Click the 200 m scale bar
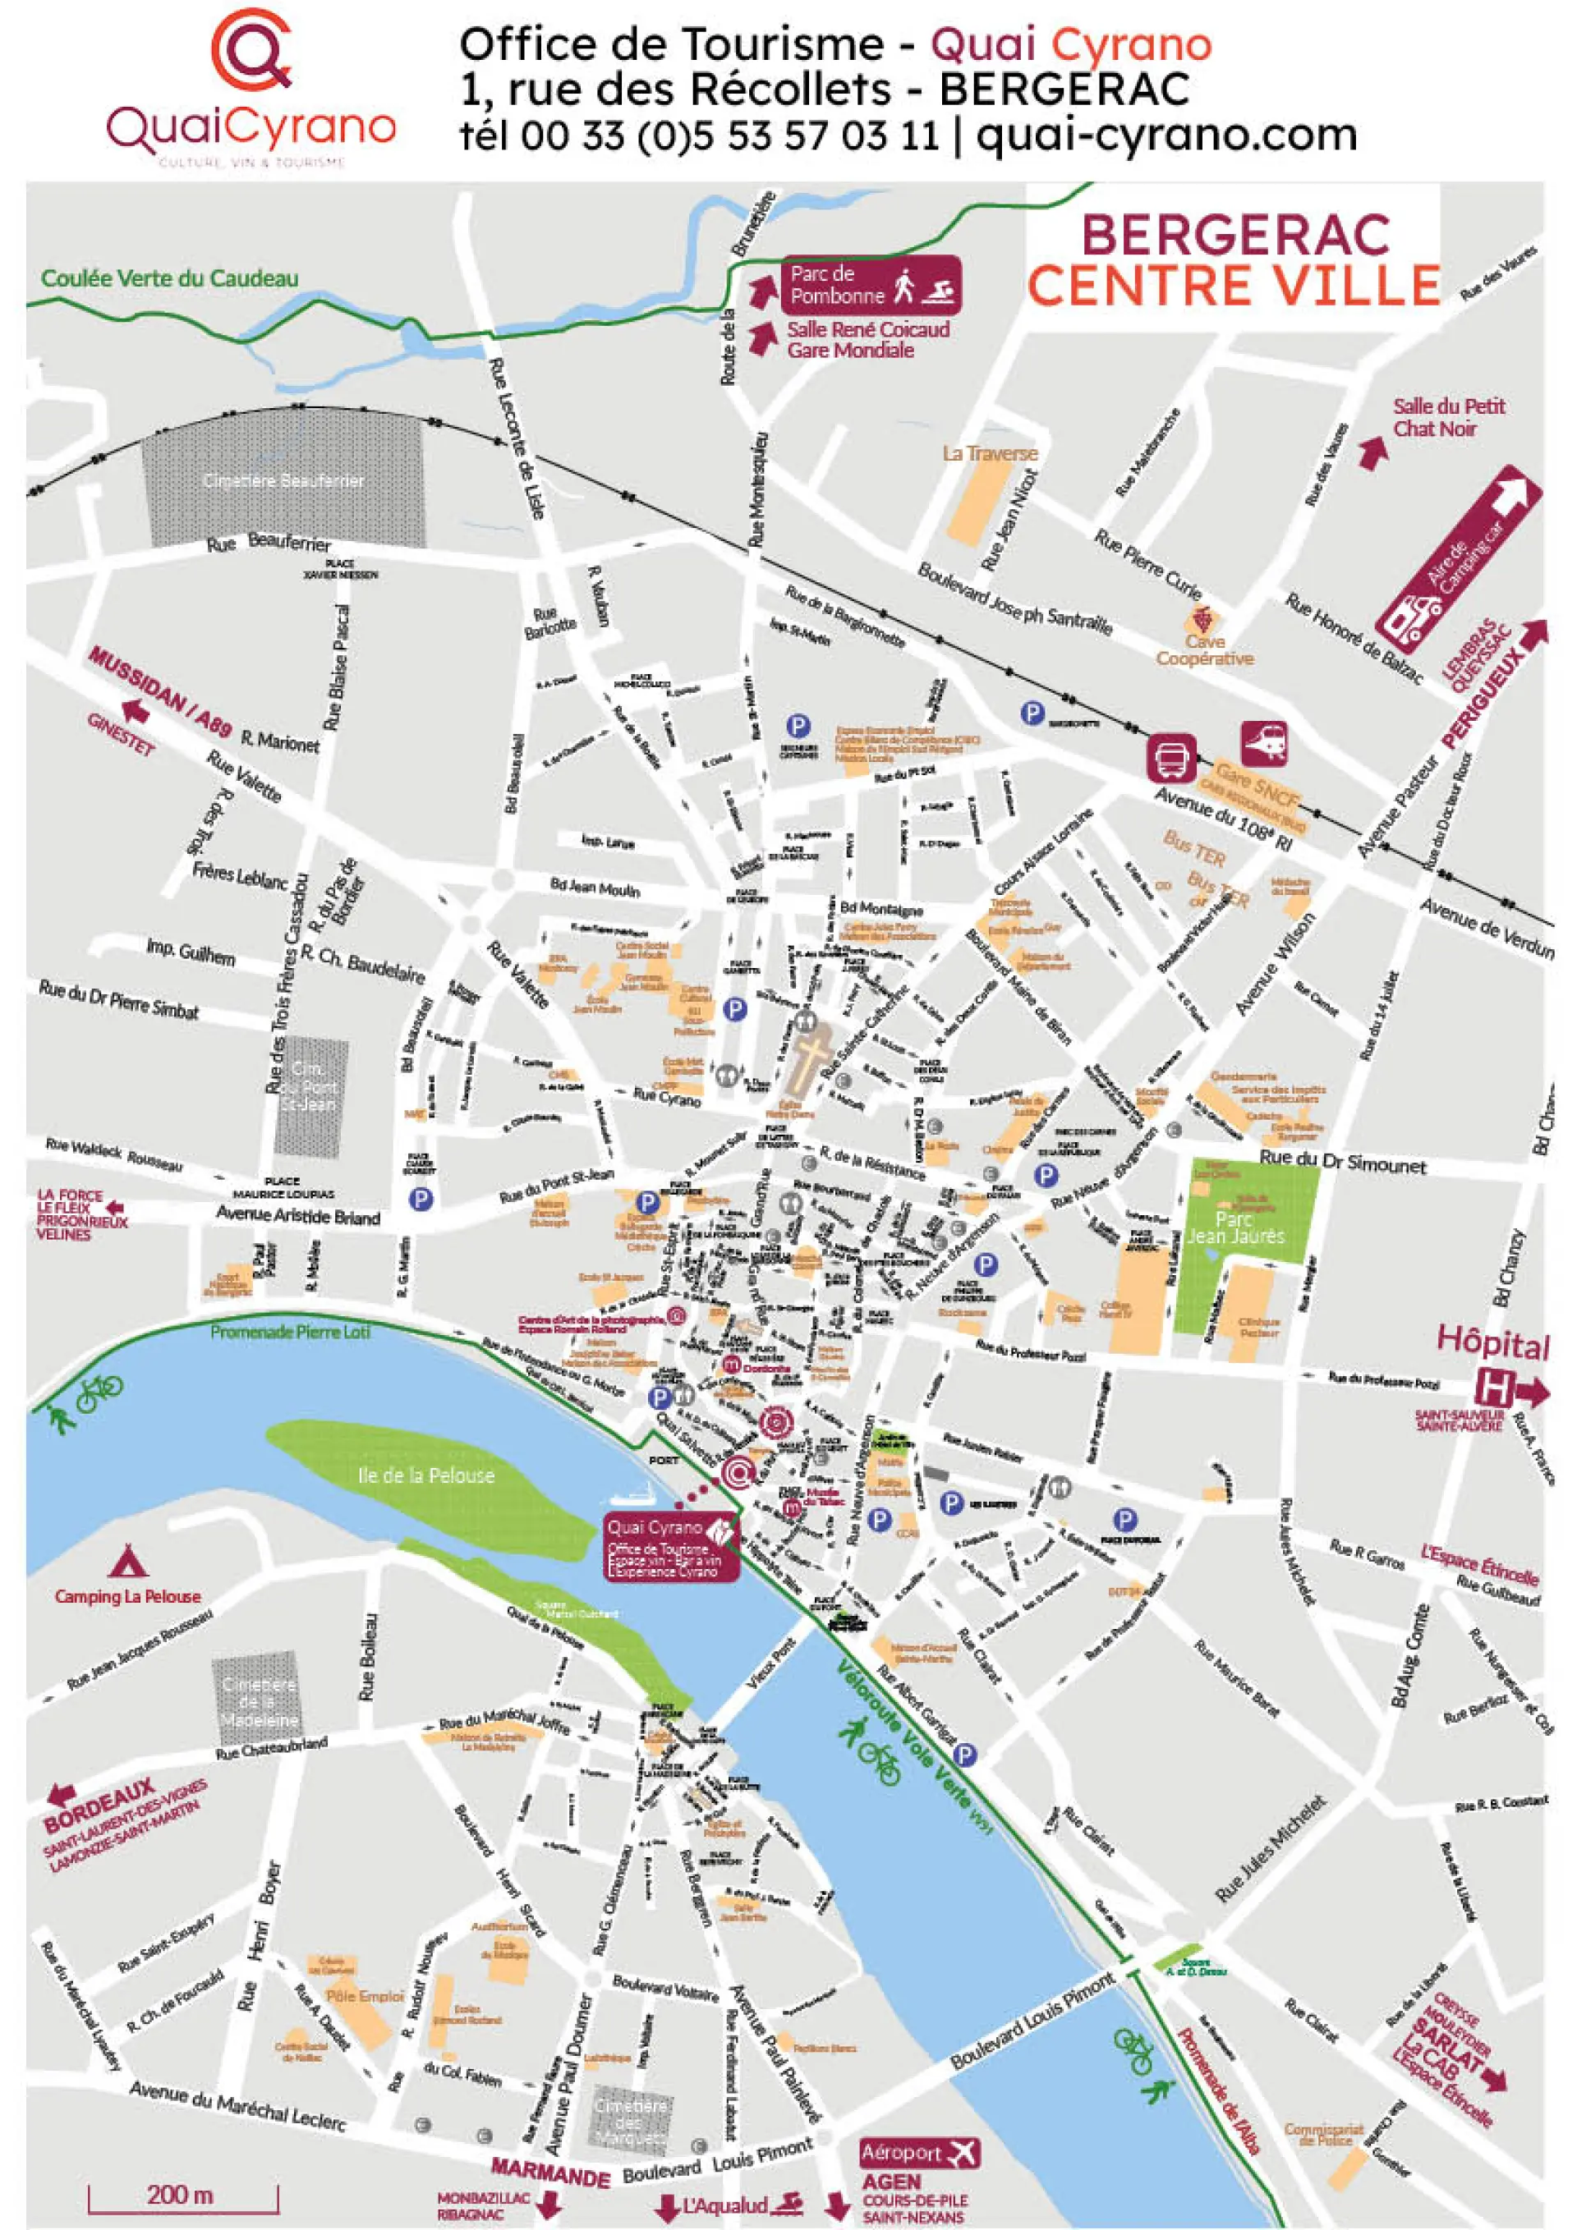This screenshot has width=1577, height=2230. point(182,2194)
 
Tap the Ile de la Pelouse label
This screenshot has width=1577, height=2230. point(425,1475)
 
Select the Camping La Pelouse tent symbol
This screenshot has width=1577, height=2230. point(127,1561)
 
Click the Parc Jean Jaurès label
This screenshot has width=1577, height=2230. point(1235,1227)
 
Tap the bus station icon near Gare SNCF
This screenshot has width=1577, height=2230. point(1171,758)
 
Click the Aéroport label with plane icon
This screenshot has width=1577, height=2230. point(918,2152)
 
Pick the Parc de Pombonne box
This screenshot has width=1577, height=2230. point(871,285)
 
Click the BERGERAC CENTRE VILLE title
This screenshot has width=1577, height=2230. point(1233,260)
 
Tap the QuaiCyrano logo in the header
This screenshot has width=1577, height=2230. point(251,87)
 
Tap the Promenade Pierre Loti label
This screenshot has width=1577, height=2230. point(290,1332)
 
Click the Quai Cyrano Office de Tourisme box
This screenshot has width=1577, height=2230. point(670,1545)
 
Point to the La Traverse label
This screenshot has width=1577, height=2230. point(989,453)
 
